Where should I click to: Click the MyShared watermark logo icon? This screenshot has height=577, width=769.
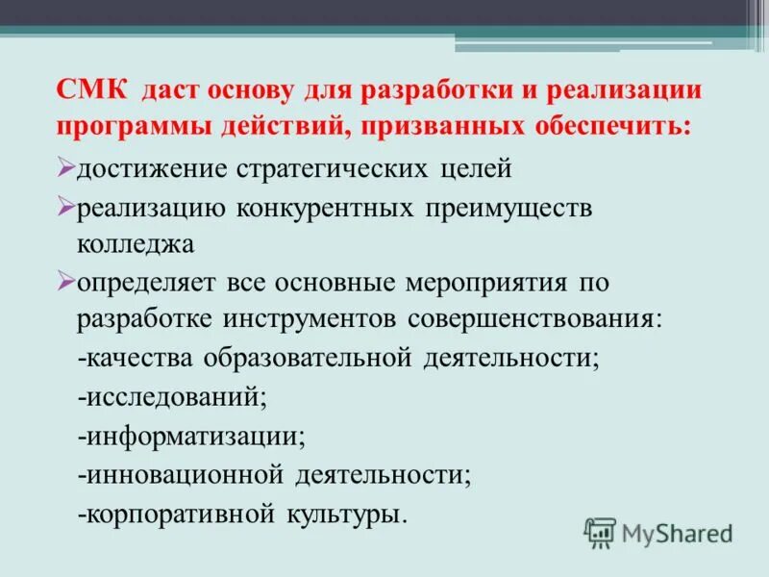(600, 532)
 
